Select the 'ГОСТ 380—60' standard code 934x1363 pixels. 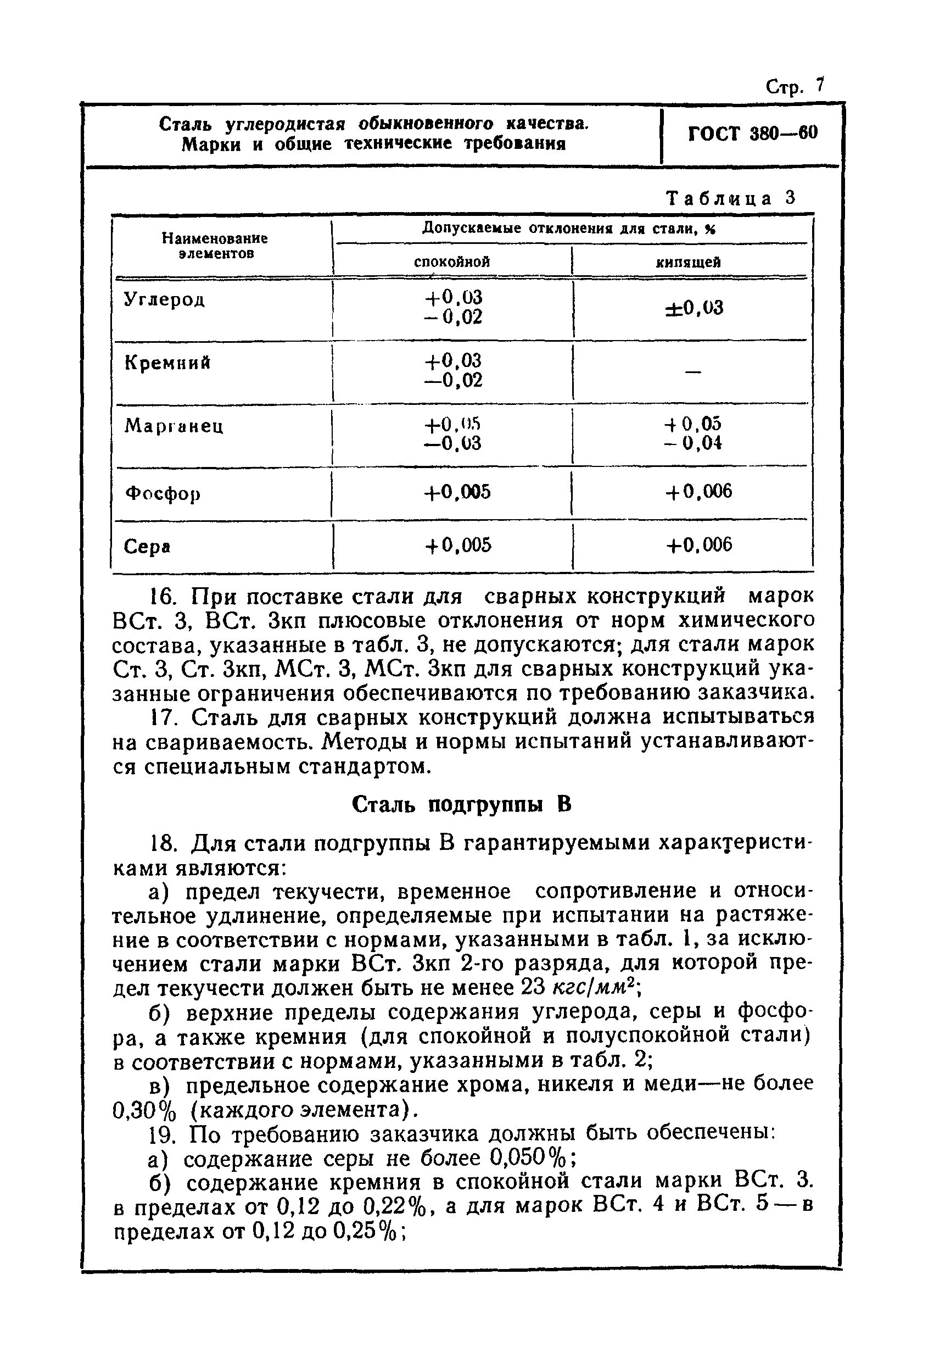click(x=752, y=133)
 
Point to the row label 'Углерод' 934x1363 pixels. click(x=164, y=300)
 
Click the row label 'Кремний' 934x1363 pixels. click(x=167, y=363)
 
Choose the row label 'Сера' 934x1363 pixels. click(x=147, y=547)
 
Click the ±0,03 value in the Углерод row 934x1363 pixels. click(x=693, y=308)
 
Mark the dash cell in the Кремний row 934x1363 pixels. click(x=692, y=371)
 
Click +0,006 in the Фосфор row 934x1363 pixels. click(x=698, y=492)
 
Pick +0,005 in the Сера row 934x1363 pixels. click(x=457, y=546)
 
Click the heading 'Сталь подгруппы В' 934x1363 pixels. click(x=461, y=805)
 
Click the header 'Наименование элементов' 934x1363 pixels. click(x=215, y=246)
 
